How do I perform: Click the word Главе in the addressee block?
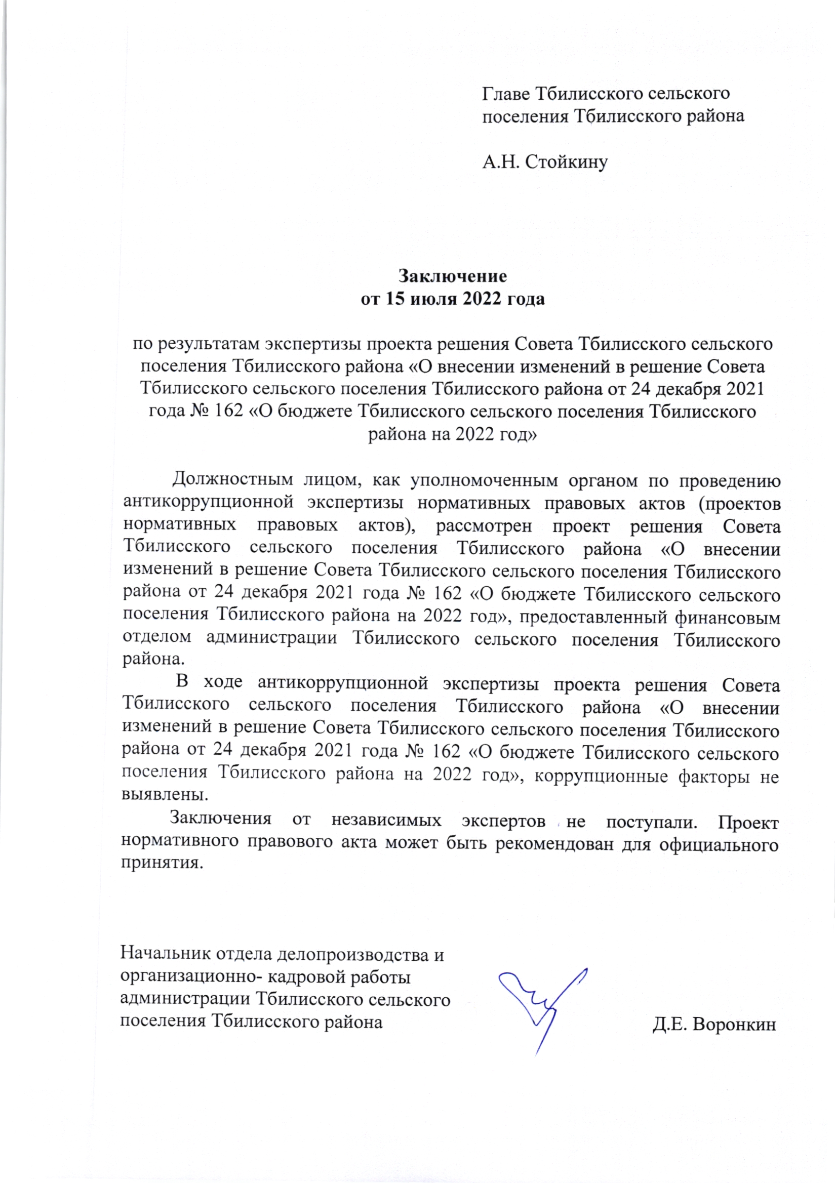coord(505,94)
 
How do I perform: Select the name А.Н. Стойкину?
coord(545,162)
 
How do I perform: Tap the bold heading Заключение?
coord(452,276)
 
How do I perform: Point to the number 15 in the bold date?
coord(395,299)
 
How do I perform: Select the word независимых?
coord(386,820)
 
